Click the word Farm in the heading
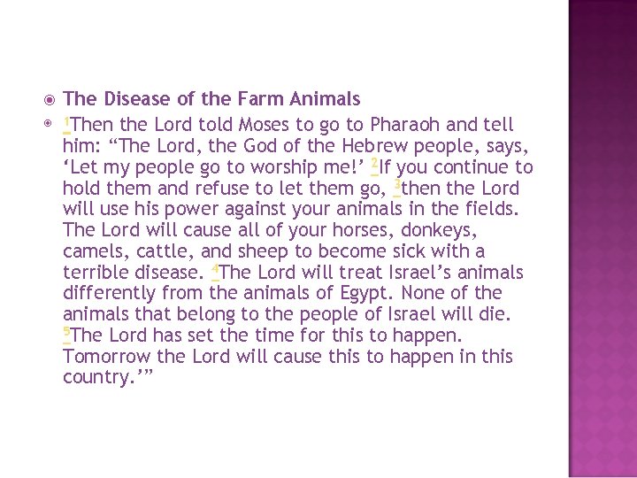click(x=256, y=98)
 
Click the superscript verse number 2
click(x=375, y=163)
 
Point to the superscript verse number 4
click(x=215, y=267)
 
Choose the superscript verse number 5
click(x=66, y=331)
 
